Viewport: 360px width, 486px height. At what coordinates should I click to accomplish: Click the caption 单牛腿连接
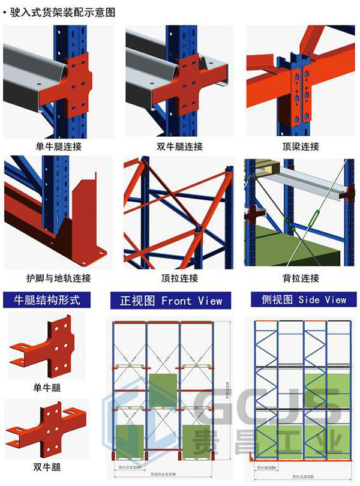59,146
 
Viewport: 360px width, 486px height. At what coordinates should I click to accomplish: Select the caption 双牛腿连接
179,146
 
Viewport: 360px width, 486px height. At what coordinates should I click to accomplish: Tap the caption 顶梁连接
300,146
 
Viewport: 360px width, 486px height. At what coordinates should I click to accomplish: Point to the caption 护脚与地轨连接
59,278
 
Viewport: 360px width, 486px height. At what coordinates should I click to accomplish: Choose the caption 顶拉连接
179,278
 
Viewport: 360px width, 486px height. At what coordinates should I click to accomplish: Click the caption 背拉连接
300,278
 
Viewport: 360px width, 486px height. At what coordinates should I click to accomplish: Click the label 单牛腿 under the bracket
47,388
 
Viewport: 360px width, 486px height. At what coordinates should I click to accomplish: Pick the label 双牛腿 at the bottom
47,466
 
